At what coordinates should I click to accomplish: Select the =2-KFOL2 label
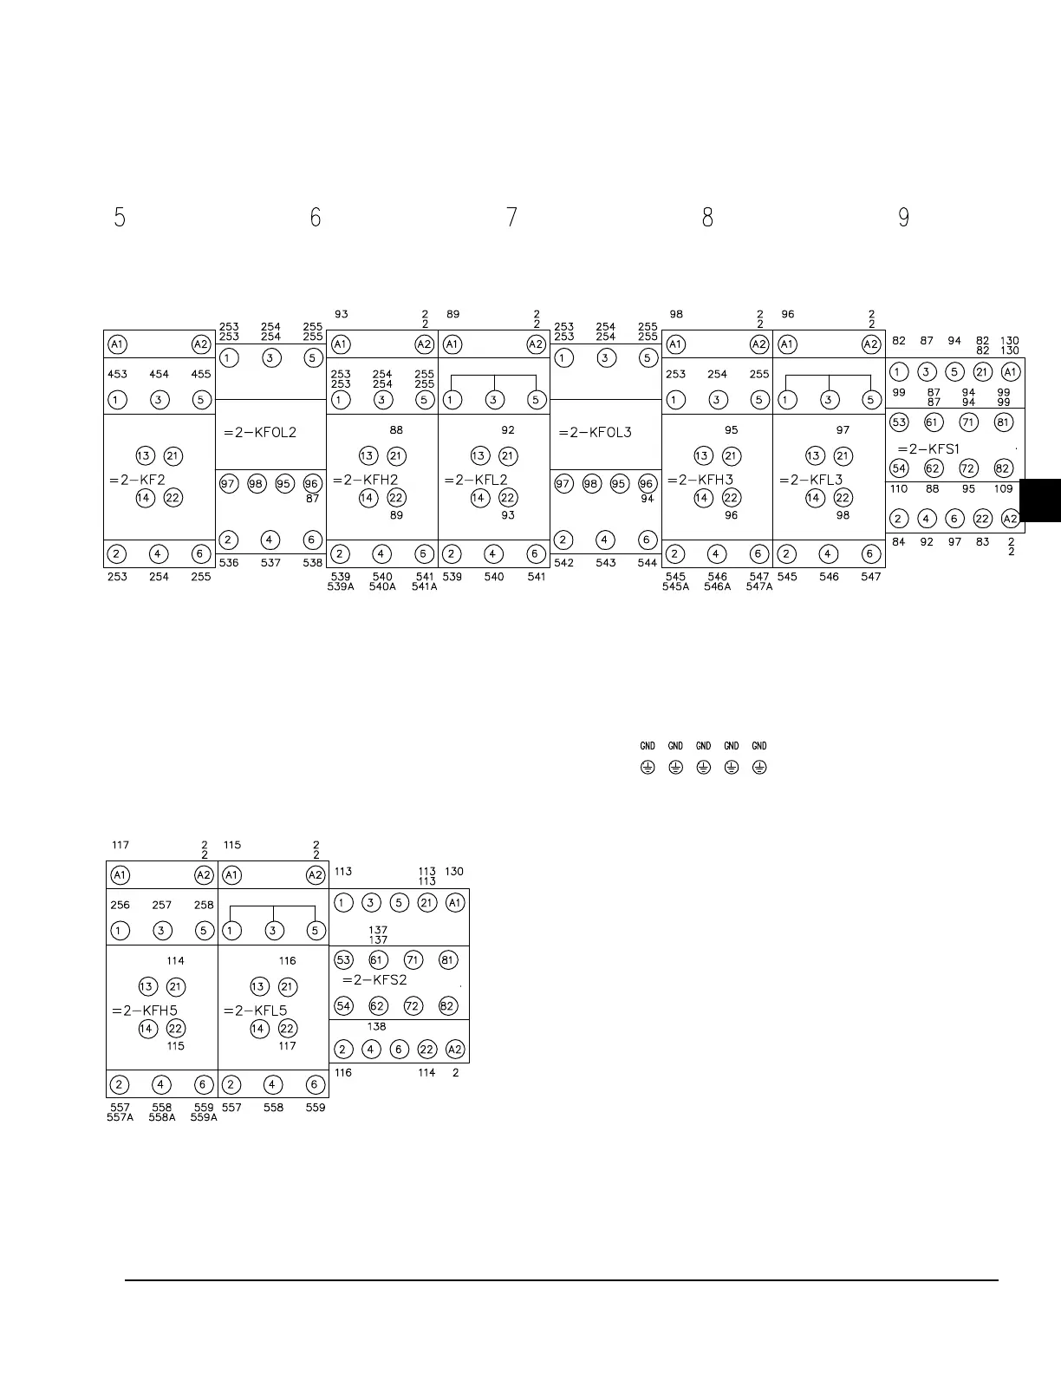coord(260,433)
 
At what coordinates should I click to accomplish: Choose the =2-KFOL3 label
coord(596,433)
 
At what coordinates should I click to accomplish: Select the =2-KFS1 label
coord(928,449)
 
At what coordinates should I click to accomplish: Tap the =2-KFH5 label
coord(144,1011)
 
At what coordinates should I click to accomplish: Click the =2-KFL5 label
coord(255,1011)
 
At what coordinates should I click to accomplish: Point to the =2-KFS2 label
coord(374,980)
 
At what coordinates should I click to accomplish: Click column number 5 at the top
coord(120,218)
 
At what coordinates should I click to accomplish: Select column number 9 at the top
coord(903,218)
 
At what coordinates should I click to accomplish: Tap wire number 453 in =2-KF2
coord(117,375)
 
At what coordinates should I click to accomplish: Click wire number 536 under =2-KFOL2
coord(229,563)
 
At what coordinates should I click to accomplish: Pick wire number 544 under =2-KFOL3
coord(648,563)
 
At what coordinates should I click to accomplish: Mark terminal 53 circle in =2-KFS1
coord(899,423)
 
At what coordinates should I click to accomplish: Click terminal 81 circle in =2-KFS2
coord(448,960)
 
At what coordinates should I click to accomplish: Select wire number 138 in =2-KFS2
coord(376,1026)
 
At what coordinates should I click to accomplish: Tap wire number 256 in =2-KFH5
coord(120,906)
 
